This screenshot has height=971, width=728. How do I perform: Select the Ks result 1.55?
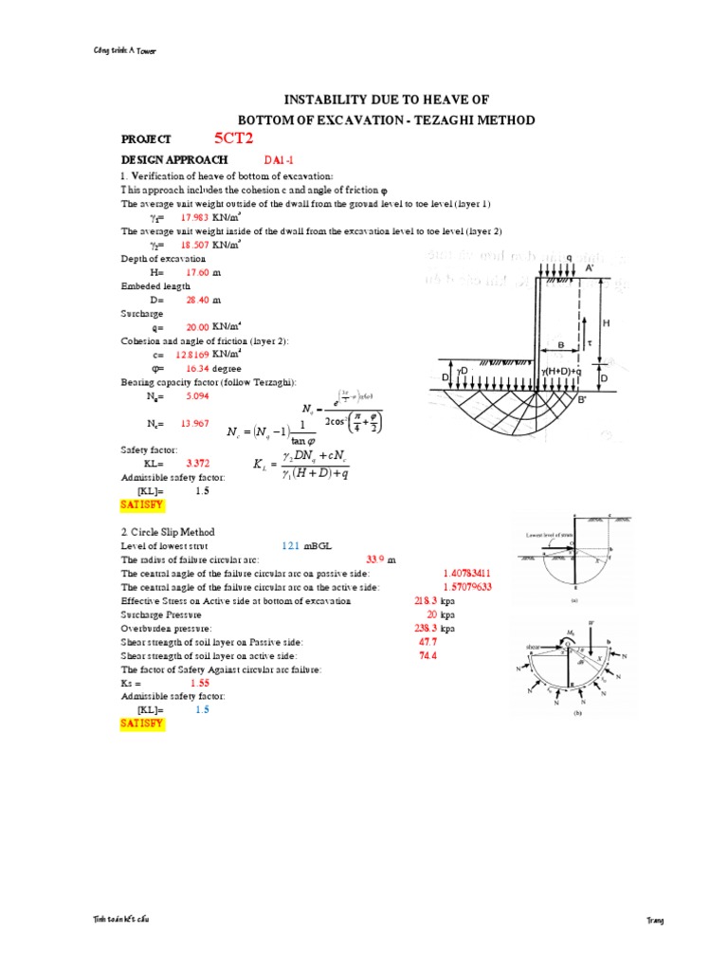(x=199, y=683)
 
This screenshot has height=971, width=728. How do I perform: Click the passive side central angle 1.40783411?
(x=466, y=574)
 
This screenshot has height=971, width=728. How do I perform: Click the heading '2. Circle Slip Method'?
(x=168, y=532)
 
